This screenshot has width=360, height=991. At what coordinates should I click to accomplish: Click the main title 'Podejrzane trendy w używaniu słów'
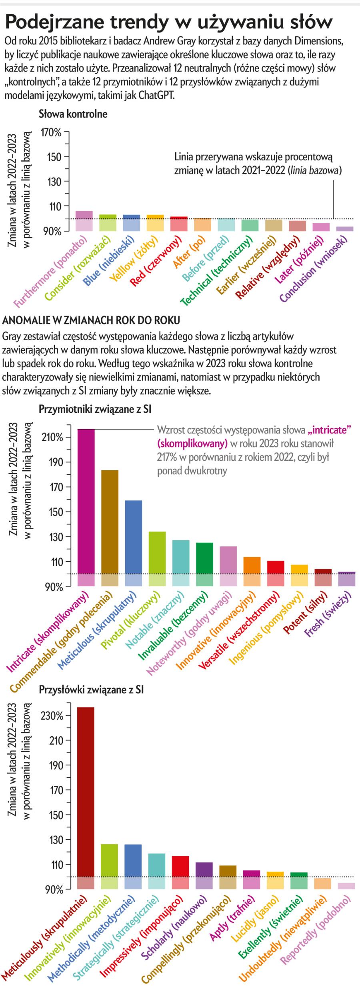tap(168, 22)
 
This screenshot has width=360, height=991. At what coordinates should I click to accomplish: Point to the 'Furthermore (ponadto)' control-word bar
tap(84, 220)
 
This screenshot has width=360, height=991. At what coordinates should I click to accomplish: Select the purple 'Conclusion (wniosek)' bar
tap(345, 229)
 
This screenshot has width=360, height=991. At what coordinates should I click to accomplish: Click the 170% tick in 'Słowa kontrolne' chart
tap(52, 132)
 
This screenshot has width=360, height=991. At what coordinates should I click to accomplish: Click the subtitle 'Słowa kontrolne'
tap(73, 114)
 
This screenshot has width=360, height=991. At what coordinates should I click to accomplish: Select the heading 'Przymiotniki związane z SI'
tap(94, 409)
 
